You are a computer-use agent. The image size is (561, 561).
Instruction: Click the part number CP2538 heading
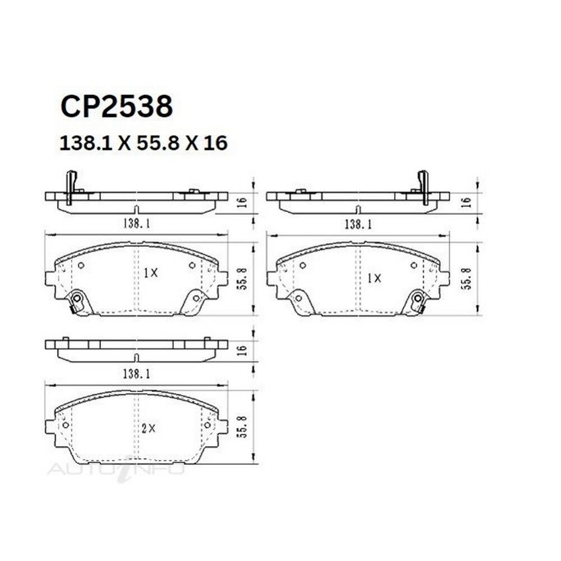117,107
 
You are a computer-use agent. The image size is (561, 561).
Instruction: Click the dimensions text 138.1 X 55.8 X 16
144,143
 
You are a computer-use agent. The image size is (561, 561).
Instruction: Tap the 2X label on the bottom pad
149,428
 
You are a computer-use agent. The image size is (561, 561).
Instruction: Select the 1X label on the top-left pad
150,273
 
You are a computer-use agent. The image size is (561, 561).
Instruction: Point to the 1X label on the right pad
374,278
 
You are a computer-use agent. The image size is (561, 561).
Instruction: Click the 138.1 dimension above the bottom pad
137,374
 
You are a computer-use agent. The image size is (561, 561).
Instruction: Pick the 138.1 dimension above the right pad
358,224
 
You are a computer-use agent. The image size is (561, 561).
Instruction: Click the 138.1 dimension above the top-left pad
137,224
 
